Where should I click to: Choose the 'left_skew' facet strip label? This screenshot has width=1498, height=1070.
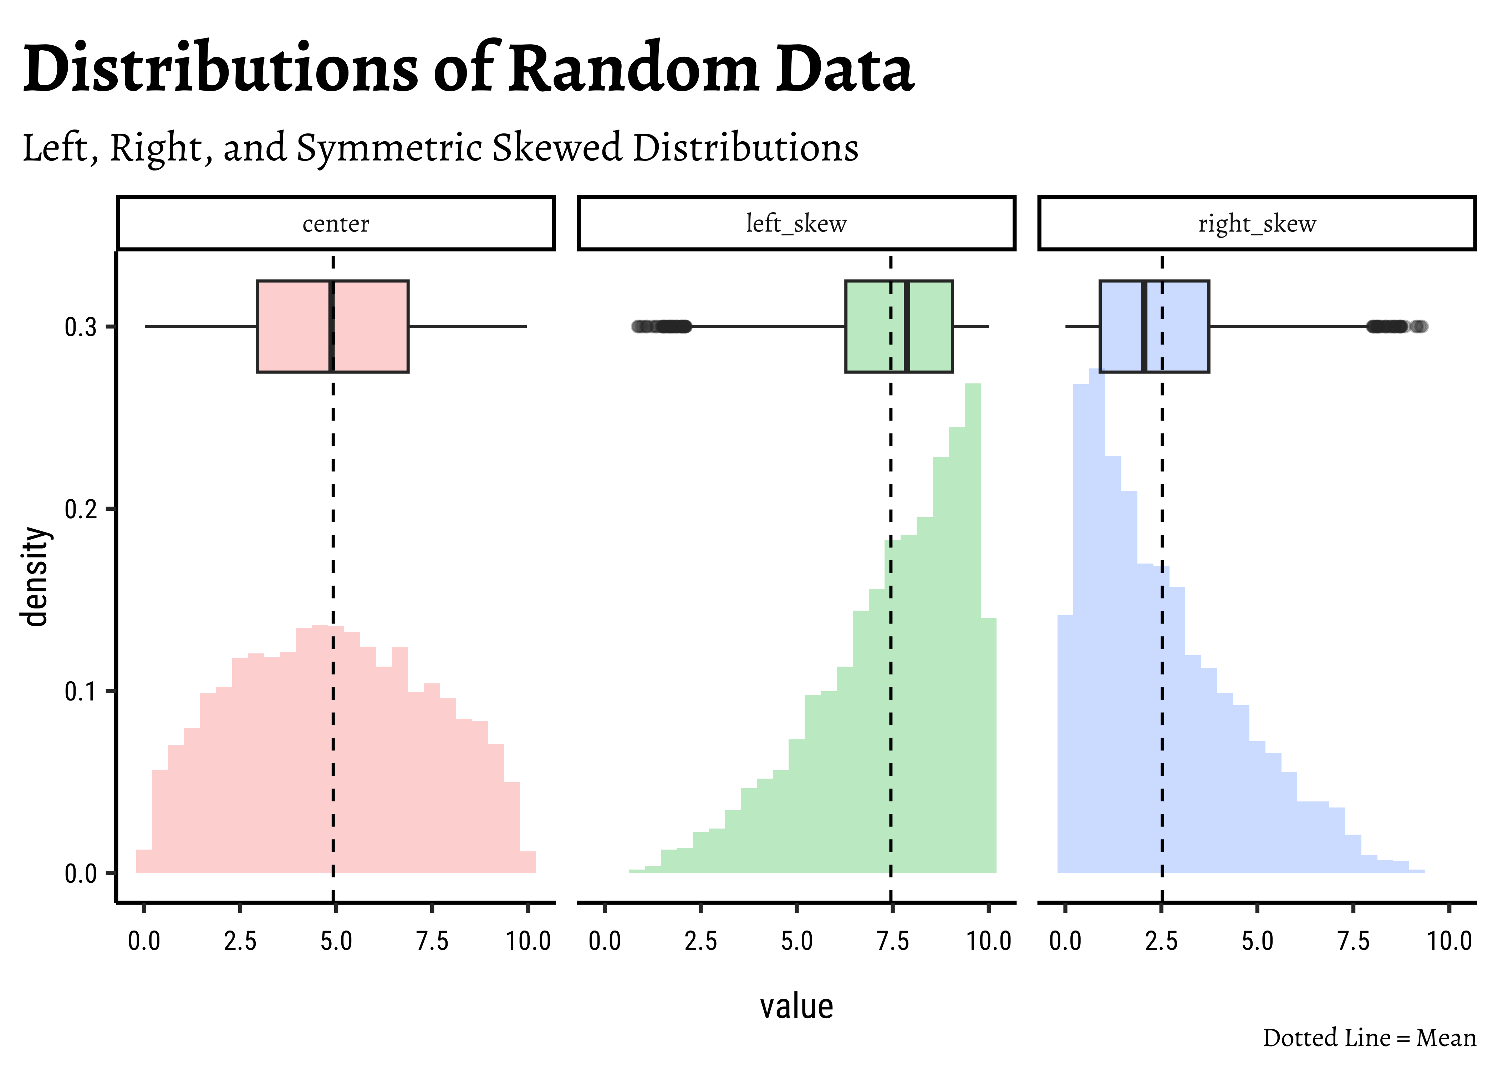[796, 224]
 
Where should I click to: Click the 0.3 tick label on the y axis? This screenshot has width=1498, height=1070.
[80, 327]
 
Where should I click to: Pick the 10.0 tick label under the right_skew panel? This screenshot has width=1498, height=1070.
[1449, 941]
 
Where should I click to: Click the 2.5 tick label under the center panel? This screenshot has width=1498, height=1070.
[240, 941]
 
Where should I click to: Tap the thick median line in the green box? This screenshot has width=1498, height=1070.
[907, 326]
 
